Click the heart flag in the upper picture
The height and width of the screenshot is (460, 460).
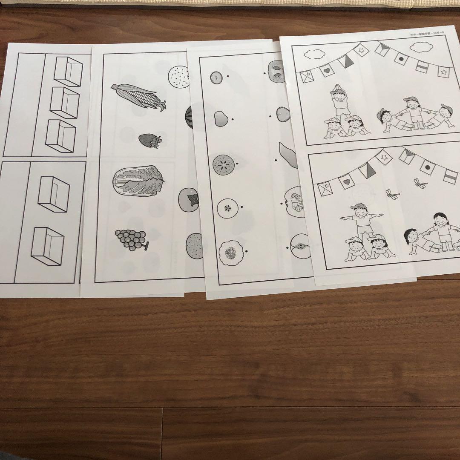[x=327, y=70]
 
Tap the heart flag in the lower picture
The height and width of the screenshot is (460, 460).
[x=346, y=182]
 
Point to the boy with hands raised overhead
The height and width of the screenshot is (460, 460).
[x=339, y=101]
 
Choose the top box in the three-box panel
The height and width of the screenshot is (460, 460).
[x=68, y=71]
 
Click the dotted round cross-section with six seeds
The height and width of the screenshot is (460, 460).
[x=222, y=164]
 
